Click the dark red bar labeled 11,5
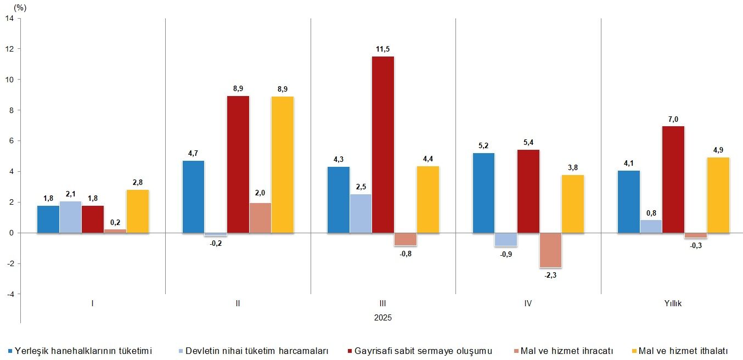click(x=383, y=145)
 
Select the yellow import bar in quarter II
click(x=283, y=165)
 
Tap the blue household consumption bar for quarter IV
click(x=483, y=193)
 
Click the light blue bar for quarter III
click(x=361, y=213)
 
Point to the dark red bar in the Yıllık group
click(x=673, y=179)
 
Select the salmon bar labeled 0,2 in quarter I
click(x=115, y=231)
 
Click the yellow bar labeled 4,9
click(x=718, y=195)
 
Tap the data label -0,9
click(x=505, y=254)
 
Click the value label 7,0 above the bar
click(x=673, y=119)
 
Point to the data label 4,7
click(x=193, y=154)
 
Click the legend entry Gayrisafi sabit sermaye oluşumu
click(x=423, y=351)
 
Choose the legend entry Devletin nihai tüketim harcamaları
click(x=257, y=351)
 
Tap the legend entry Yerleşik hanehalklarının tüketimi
click(x=83, y=351)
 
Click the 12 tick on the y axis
click(x=10, y=49)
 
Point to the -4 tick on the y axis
click(x=10, y=294)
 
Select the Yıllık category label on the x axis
click(x=673, y=303)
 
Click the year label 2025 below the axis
click(x=383, y=318)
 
